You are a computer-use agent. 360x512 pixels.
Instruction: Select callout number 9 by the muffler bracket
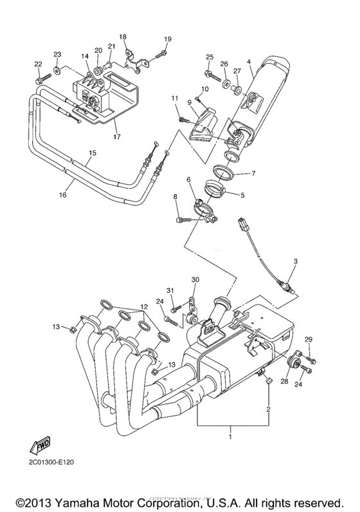click(190, 102)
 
